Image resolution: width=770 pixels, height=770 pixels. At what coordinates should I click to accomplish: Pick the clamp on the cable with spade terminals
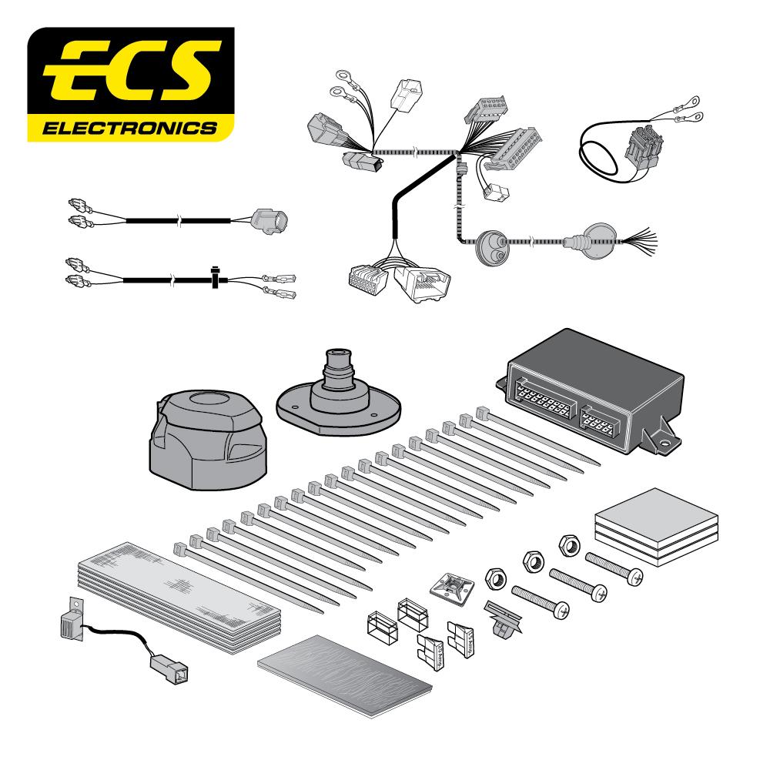pyautogui.click(x=217, y=277)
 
